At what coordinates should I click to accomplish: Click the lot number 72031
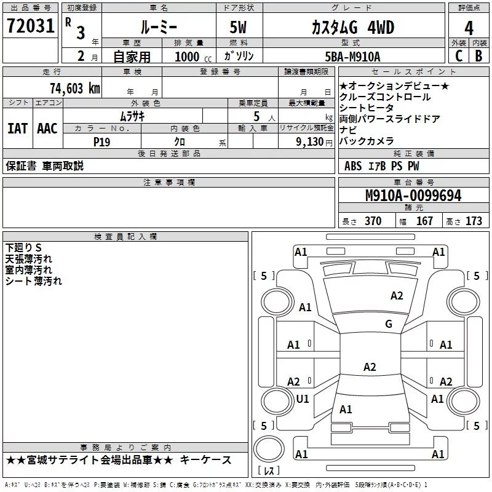tap(31, 26)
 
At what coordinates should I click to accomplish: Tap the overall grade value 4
tap(469, 28)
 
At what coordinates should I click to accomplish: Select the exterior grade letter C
tap(458, 56)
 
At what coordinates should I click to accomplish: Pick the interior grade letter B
tap(478, 56)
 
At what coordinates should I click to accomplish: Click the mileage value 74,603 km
tap(72, 88)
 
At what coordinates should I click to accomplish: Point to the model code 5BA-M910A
tap(352, 57)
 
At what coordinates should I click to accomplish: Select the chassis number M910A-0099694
tap(413, 196)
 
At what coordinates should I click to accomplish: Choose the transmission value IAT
tap(17, 129)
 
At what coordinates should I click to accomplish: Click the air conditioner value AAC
tap(47, 129)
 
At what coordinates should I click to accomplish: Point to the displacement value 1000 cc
tap(191, 57)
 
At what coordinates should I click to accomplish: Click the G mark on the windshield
tap(389, 323)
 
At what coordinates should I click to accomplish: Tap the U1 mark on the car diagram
tap(303, 399)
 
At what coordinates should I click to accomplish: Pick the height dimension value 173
tap(474, 221)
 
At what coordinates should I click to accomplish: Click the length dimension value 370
tap(373, 221)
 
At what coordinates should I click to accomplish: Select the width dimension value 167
tap(424, 221)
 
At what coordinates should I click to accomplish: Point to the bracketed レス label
tap(269, 472)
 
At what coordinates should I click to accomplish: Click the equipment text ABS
tap(353, 166)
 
